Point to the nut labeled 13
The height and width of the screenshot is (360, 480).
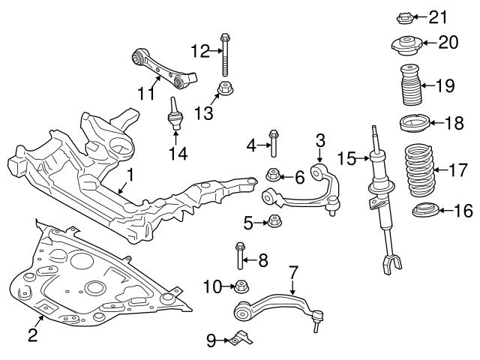tap(224, 89)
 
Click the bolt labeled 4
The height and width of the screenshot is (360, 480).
tap(273, 142)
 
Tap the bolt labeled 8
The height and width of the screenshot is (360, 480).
tap(240, 256)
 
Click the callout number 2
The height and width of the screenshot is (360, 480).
tap(33, 335)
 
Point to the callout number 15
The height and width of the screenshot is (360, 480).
tap(346, 158)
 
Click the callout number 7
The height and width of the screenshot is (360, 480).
tap(293, 271)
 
